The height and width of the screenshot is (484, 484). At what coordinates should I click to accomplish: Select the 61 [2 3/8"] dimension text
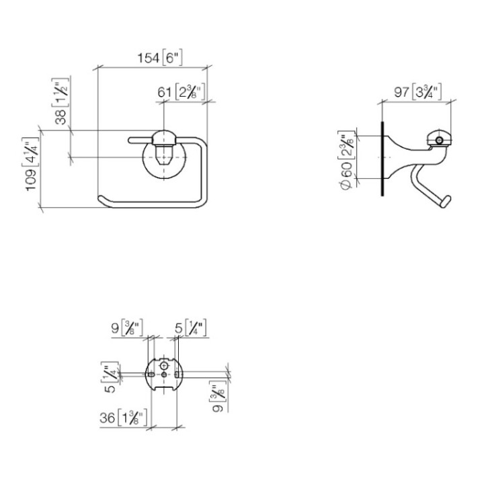(x=182, y=93)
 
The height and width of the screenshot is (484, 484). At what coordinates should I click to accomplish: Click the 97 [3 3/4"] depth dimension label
(x=417, y=92)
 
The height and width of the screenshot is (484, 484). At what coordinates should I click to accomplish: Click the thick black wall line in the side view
(x=382, y=158)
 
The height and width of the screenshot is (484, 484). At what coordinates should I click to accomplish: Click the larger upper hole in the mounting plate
(x=165, y=366)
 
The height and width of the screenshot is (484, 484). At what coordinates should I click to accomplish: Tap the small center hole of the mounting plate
(x=165, y=377)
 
